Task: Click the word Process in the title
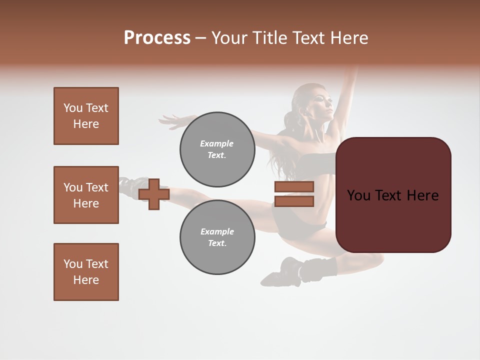click(157, 38)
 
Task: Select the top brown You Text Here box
click(86, 116)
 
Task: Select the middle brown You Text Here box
click(86, 195)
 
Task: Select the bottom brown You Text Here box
click(86, 272)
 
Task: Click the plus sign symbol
click(154, 193)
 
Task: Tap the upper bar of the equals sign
click(294, 186)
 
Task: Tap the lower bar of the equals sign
click(294, 201)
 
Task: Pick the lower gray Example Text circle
click(217, 237)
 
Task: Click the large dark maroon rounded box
click(393, 195)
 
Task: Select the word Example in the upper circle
click(217, 143)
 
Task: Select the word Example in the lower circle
click(217, 231)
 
